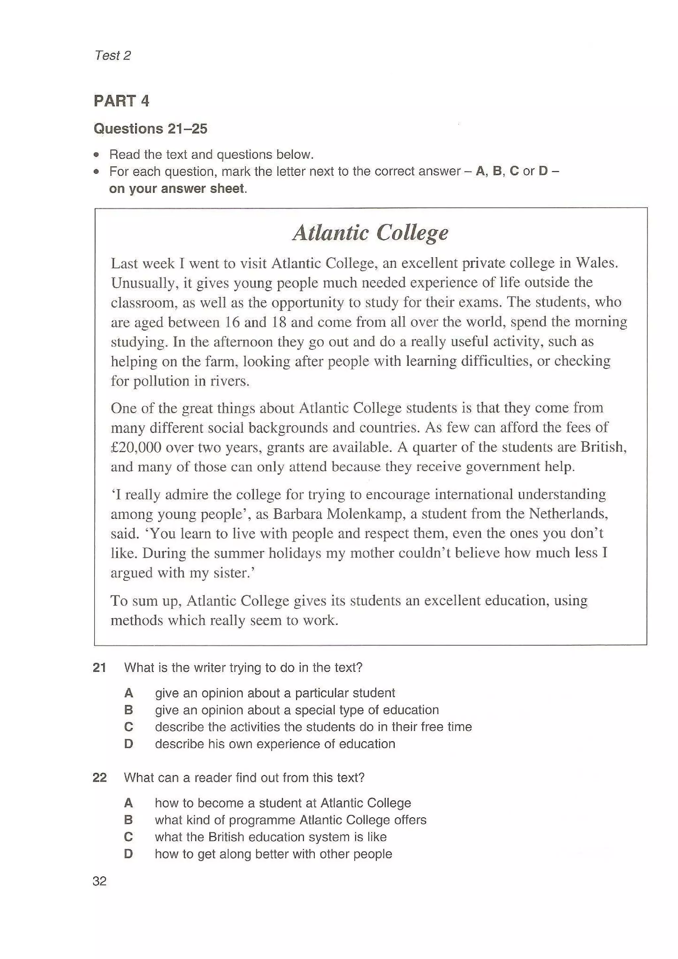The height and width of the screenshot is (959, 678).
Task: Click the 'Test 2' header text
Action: pyautogui.click(x=112, y=56)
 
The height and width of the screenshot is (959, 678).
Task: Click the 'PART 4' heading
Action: pyautogui.click(x=121, y=101)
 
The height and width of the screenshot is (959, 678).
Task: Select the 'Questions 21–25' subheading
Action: pyautogui.click(x=150, y=129)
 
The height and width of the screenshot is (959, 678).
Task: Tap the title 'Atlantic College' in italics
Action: pyautogui.click(x=370, y=233)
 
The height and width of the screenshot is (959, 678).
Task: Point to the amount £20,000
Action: pyautogui.click(x=136, y=447)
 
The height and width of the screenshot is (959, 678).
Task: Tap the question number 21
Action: pyautogui.click(x=99, y=667)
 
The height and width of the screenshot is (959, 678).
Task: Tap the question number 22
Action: pyautogui.click(x=99, y=777)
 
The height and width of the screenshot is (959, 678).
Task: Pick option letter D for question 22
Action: pyautogui.click(x=129, y=854)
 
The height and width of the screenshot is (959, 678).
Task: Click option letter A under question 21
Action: pyautogui.click(x=129, y=693)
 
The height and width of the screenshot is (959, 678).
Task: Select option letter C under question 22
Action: pyautogui.click(x=129, y=837)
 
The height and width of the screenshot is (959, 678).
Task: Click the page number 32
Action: pyautogui.click(x=99, y=881)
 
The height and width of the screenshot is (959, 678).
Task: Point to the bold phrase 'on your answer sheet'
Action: pyautogui.click(x=176, y=189)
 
